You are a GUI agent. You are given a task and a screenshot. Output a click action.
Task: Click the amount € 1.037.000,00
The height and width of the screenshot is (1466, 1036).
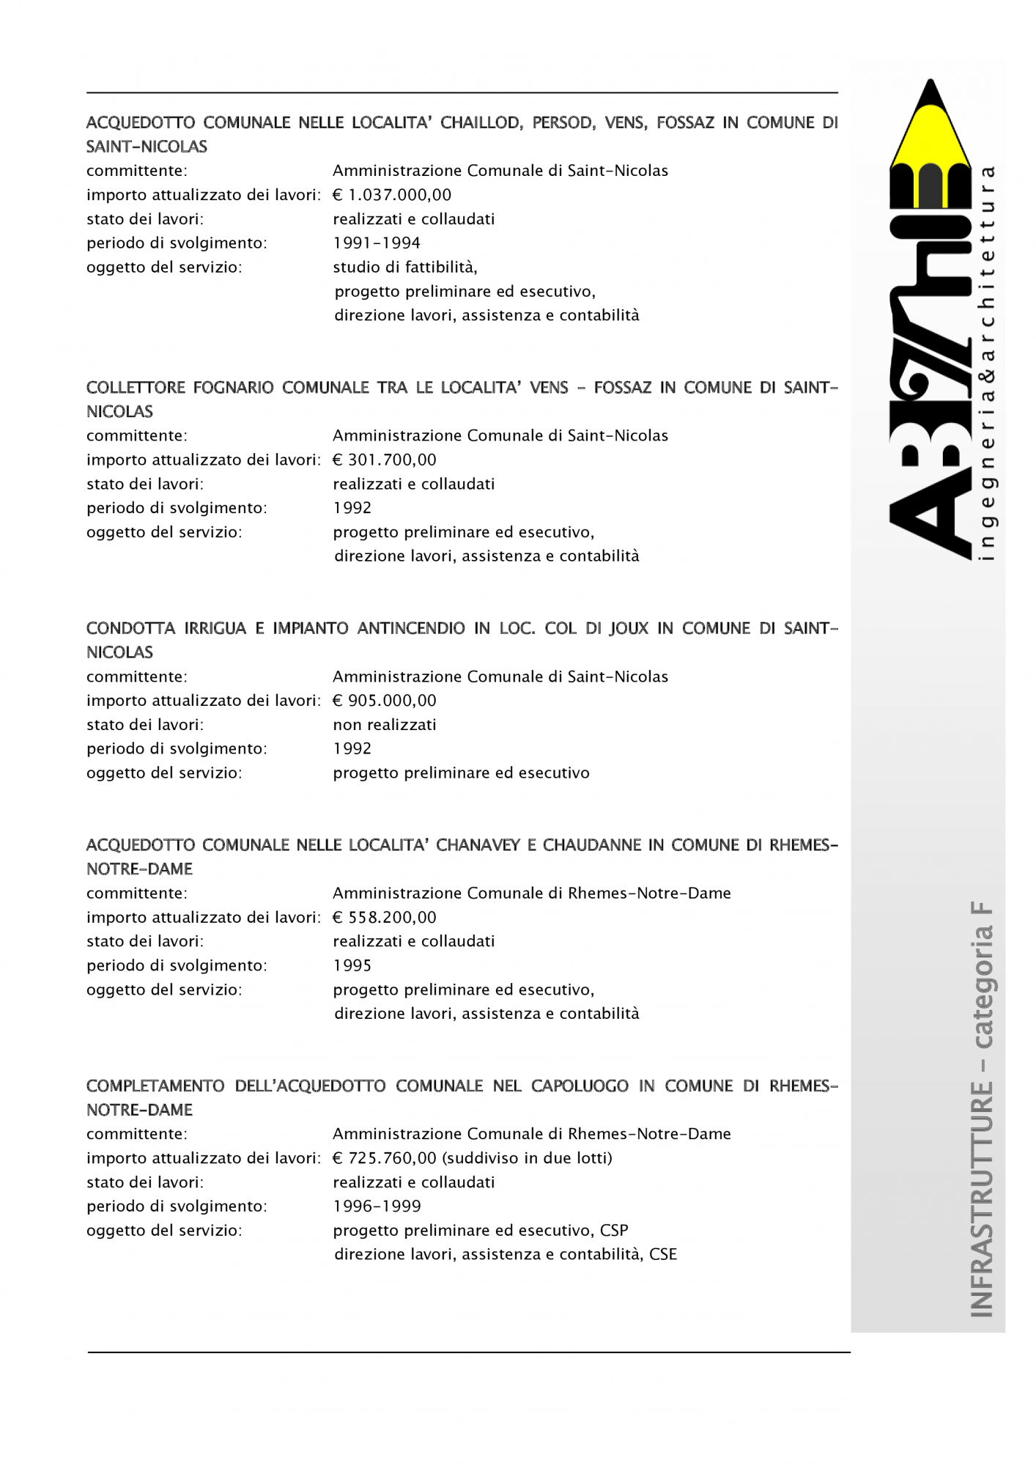(x=392, y=195)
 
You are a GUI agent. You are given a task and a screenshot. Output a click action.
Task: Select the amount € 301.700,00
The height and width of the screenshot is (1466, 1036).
(x=385, y=460)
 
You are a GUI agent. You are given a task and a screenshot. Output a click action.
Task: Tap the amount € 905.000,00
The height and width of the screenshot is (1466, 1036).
(x=385, y=701)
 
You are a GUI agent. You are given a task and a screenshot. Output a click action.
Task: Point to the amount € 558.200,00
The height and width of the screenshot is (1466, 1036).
(x=385, y=918)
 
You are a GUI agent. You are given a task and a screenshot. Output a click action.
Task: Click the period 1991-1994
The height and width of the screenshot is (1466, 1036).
(x=377, y=243)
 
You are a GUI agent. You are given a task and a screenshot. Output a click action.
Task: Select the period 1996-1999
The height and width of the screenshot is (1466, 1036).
(x=377, y=1207)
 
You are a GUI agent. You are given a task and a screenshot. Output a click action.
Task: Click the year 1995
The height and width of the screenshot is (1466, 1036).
(x=352, y=966)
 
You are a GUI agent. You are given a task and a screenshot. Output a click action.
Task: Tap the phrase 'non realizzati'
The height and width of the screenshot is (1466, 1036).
(x=385, y=725)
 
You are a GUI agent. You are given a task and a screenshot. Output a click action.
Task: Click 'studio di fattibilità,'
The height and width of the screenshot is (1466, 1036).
(x=405, y=268)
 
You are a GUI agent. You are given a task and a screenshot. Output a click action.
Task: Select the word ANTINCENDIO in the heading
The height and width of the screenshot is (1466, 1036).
(x=411, y=629)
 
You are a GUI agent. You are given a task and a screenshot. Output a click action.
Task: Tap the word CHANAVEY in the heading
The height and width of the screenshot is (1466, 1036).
(x=477, y=845)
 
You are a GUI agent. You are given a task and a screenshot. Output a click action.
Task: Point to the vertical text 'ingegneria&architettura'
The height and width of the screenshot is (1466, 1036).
(x=988, y=363)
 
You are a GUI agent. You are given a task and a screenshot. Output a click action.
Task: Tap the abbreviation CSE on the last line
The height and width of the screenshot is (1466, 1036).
(x=663, y=1255)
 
